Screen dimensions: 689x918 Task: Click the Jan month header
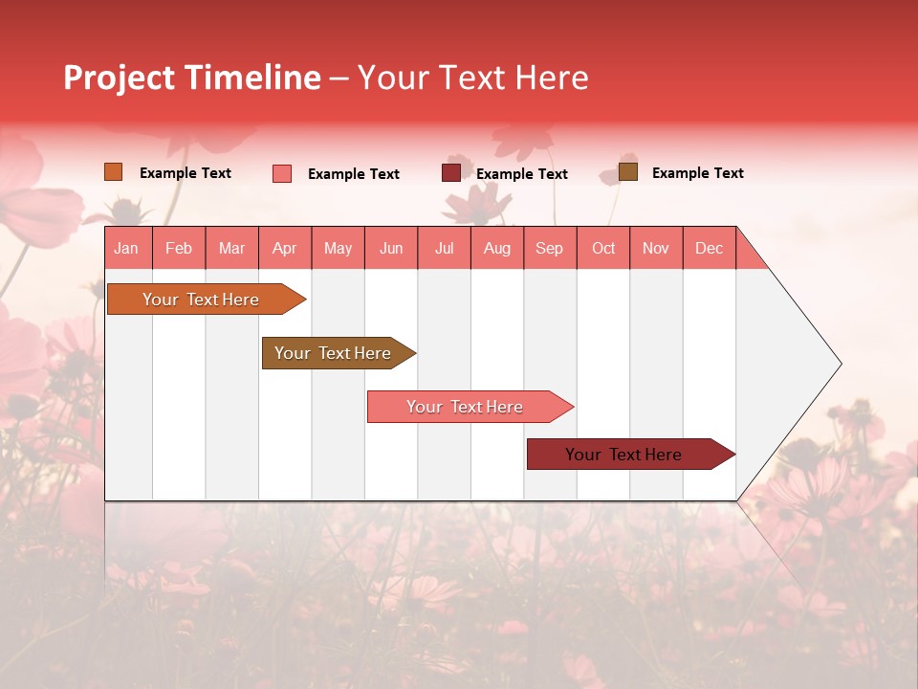pyautogui.click(x=126, y=248)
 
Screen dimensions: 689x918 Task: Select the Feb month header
pyautogui.click(x=179, y=248)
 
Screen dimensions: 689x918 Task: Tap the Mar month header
pyautogui.click(x=231, y=248)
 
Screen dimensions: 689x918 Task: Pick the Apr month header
pyautogui.click(x=285, y=248)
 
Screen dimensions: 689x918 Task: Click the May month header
pyautogui.click(x=338, y=248)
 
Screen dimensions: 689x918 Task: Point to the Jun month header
pyautogui.click(x=391, y=248)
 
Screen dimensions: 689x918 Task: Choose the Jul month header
pyautogui.click(x=444, y=248)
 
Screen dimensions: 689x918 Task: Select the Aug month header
pyautogui.click(x=497, y=248)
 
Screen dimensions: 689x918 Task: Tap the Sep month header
pyautogui.click(x=550, y=248)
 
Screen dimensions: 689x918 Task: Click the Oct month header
pyautogui.click(x=603, y=248)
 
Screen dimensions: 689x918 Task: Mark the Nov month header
pyautogui.click(x=656, y=248)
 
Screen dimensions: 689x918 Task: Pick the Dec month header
pyautogui.click(x=710, y=248)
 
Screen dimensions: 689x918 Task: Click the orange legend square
pyautogui.click(x=113, y=172)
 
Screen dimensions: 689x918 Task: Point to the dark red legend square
pyautogui.click(x=450, y=173)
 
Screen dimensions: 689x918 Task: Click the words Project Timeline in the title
pyautogui.click(x=192, y=78)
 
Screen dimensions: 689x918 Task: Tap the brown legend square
pyautogui.click(x=627, y=172)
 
